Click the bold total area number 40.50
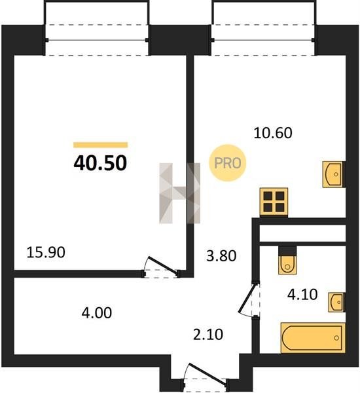tap(100, 163)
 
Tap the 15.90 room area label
tap(46, 252)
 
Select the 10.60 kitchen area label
tap(273, 133)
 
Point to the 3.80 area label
tap(221, 256)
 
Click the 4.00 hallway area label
tap(97, 313)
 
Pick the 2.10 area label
tap(208, 335)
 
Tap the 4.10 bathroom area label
tap(302, 295)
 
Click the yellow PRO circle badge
tap(228, 163)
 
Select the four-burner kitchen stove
tap(274, 202)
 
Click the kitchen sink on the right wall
tap(333, 174)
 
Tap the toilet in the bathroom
tap(287, 265)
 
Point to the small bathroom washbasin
tap(336, 302)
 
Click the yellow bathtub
tap(313, 338)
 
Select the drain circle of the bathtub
tap(336, 338)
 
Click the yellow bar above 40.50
tap(100, 145)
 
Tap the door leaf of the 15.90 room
tap(164, 266)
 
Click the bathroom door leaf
tap(248, 299)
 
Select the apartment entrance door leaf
tap(207, 373)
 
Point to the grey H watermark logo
tap(179, 193)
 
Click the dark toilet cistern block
tap(287, 251)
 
